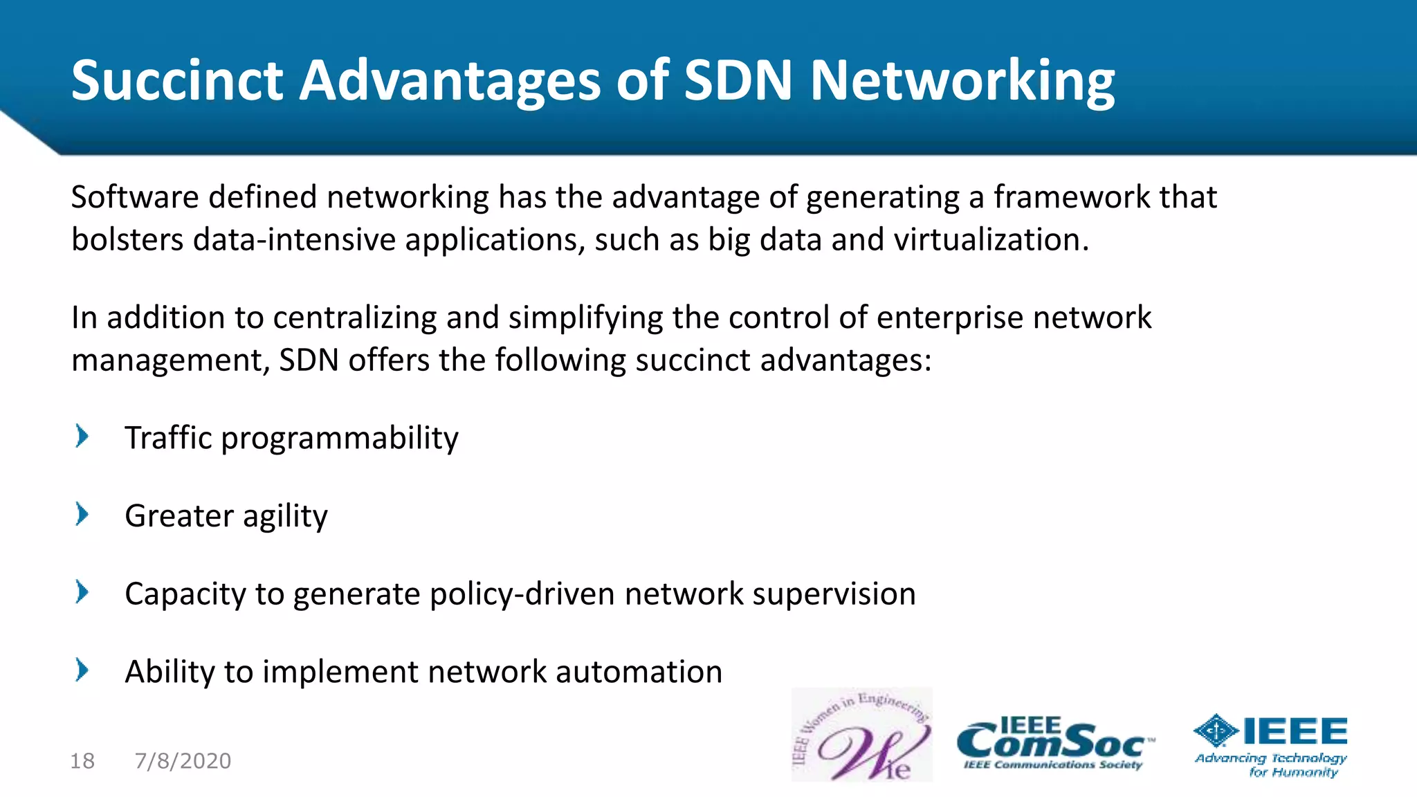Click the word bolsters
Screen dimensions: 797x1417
click(127, 240)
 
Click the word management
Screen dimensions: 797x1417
click(170, 361)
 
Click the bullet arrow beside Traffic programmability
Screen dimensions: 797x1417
click(82, 437)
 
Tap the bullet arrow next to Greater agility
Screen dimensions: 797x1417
click(82, 515)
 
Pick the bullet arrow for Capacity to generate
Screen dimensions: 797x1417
click(82, 592)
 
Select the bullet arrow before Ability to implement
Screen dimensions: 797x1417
click(82, 670)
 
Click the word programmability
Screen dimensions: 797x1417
click(339, 439)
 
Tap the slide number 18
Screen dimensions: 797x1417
click(82, 761)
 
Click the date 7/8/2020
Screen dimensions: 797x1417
click(183, 761)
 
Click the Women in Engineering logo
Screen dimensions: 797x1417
click(862, 735)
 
